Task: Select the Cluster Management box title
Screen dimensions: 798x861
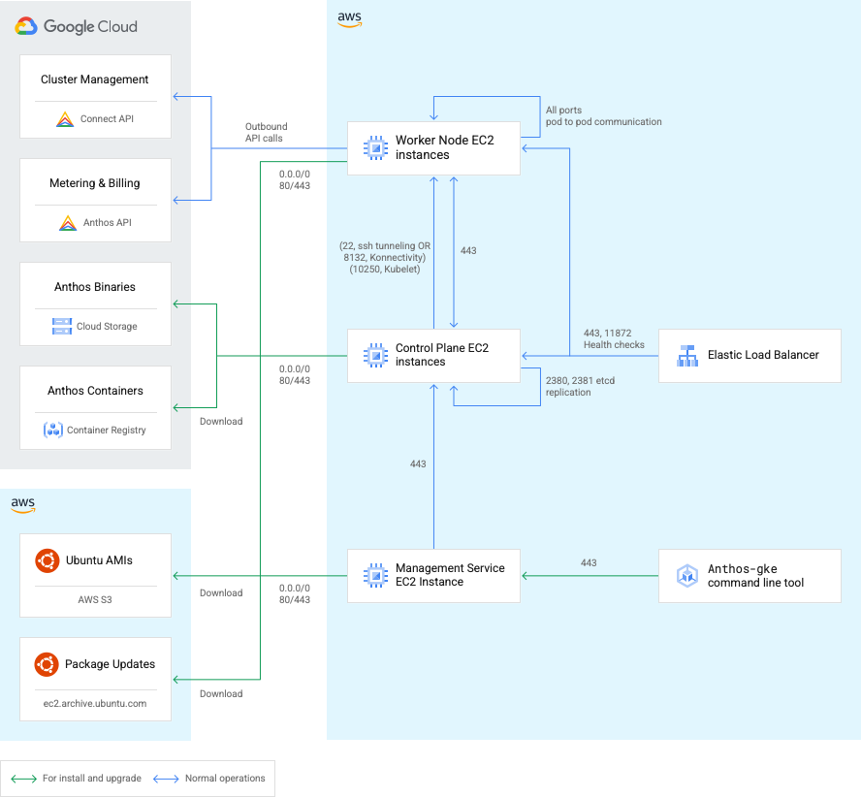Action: (x=95, y=80)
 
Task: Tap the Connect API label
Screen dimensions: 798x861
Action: (x=106, y=119)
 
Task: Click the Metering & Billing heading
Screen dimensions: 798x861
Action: (x=95, y=183)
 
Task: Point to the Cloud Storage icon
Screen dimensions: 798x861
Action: (x=62, y=327)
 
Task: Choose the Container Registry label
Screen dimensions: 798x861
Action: (x=106, y=431)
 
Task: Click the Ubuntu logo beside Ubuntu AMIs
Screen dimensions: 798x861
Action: (x=46, y=560)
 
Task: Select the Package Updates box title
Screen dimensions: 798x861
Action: (x=110, y=664)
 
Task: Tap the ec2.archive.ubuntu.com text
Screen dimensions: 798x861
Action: (x=95, y=703)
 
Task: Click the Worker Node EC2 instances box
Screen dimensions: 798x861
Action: (x=433, y=147)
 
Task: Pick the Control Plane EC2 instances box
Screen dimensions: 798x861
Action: (x=433, y=355)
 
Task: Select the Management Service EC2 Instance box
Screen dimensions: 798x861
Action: (x=433, y=575)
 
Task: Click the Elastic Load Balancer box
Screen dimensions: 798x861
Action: (x=749, y=355)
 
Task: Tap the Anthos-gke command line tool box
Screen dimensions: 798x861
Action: (x=749, y=576)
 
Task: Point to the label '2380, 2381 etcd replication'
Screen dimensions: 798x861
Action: (x=580, y=387)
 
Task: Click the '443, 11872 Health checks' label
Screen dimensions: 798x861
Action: (x=614, y=338)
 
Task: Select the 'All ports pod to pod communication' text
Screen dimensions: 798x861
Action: (x=603, y=116)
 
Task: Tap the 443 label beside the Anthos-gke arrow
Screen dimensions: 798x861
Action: (x=589, y=563)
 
